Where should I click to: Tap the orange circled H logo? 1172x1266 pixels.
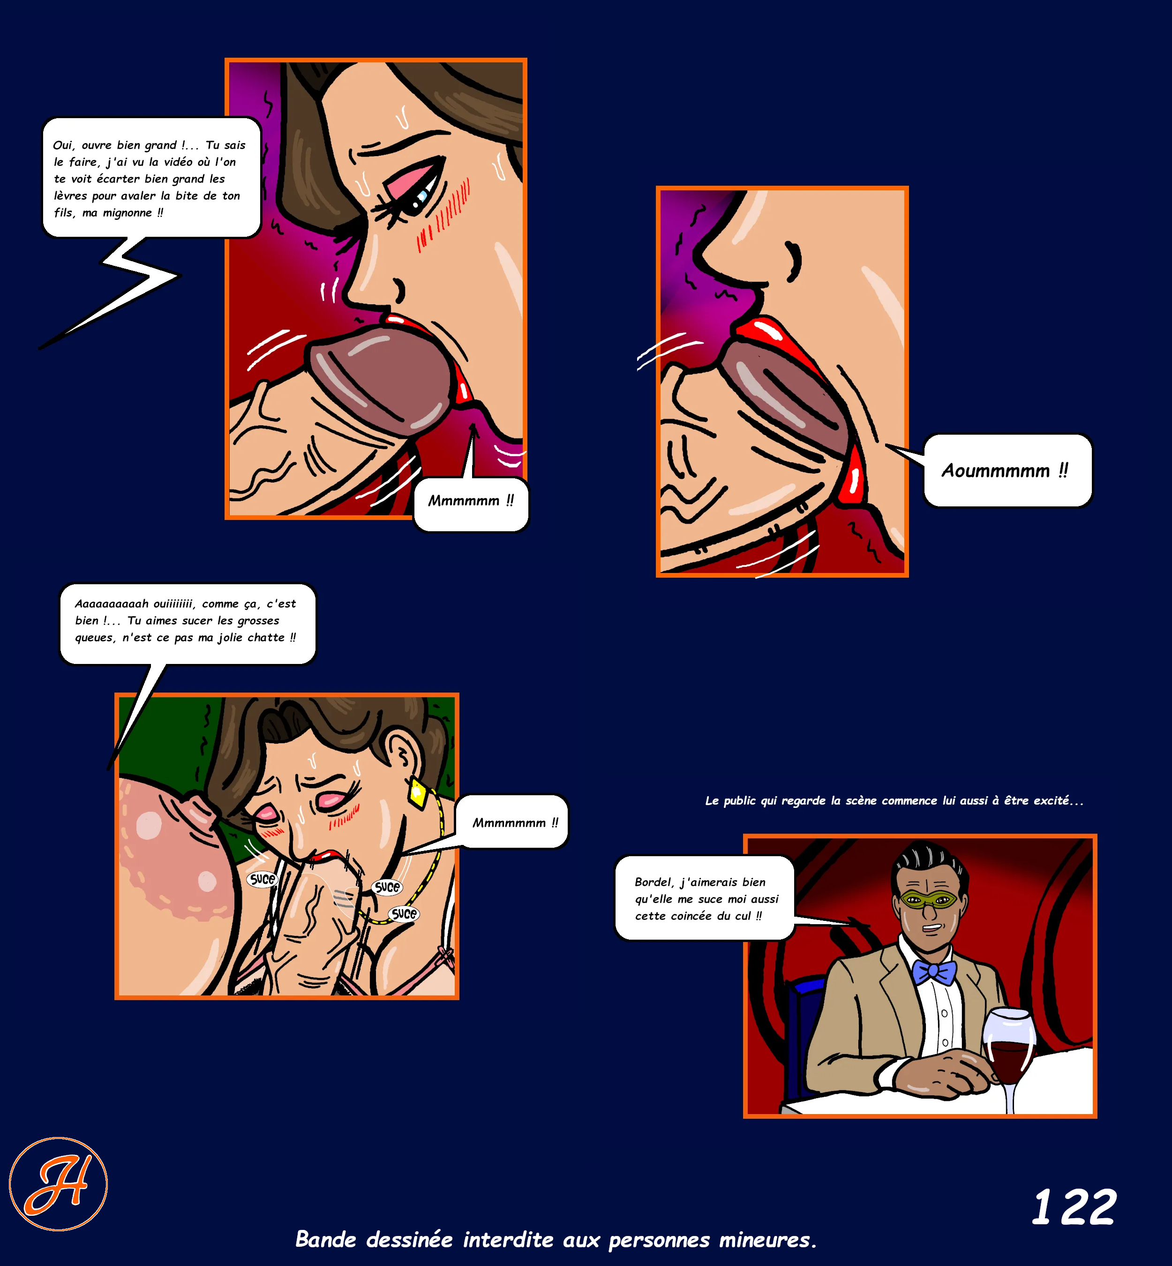(58, 1183)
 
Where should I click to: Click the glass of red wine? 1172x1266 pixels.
(1008, 1053)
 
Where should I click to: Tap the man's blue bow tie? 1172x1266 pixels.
(934, 972)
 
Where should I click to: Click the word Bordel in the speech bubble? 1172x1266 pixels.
(653, 882)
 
